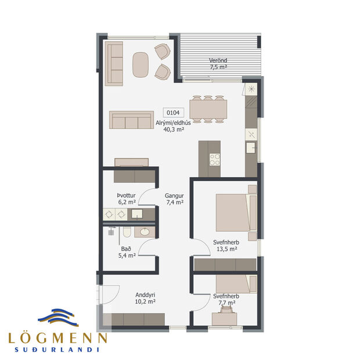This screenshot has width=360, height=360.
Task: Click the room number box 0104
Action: (172, 113)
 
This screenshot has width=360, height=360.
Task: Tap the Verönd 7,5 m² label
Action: (218, 64)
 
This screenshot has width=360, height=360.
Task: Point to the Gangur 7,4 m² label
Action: (174, 199)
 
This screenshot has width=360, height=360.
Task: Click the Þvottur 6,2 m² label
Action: (126, 199)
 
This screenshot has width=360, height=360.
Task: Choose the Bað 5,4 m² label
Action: (127, 251)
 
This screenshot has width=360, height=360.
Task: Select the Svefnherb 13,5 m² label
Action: (224, 246)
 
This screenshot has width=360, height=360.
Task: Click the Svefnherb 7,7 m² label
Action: (224, 299)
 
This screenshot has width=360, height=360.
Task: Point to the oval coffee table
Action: (141, 64)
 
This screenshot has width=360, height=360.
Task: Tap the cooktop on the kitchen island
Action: (215, 159)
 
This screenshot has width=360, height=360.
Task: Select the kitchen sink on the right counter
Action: (251, 147)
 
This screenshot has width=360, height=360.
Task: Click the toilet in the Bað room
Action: (126, 233)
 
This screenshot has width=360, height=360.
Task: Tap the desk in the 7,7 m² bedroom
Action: (224, 318)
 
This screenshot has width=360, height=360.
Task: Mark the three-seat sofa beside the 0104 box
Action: (132, 120)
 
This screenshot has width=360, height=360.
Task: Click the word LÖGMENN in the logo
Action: (57, 338)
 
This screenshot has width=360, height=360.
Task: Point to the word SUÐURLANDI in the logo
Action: (57, 350)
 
